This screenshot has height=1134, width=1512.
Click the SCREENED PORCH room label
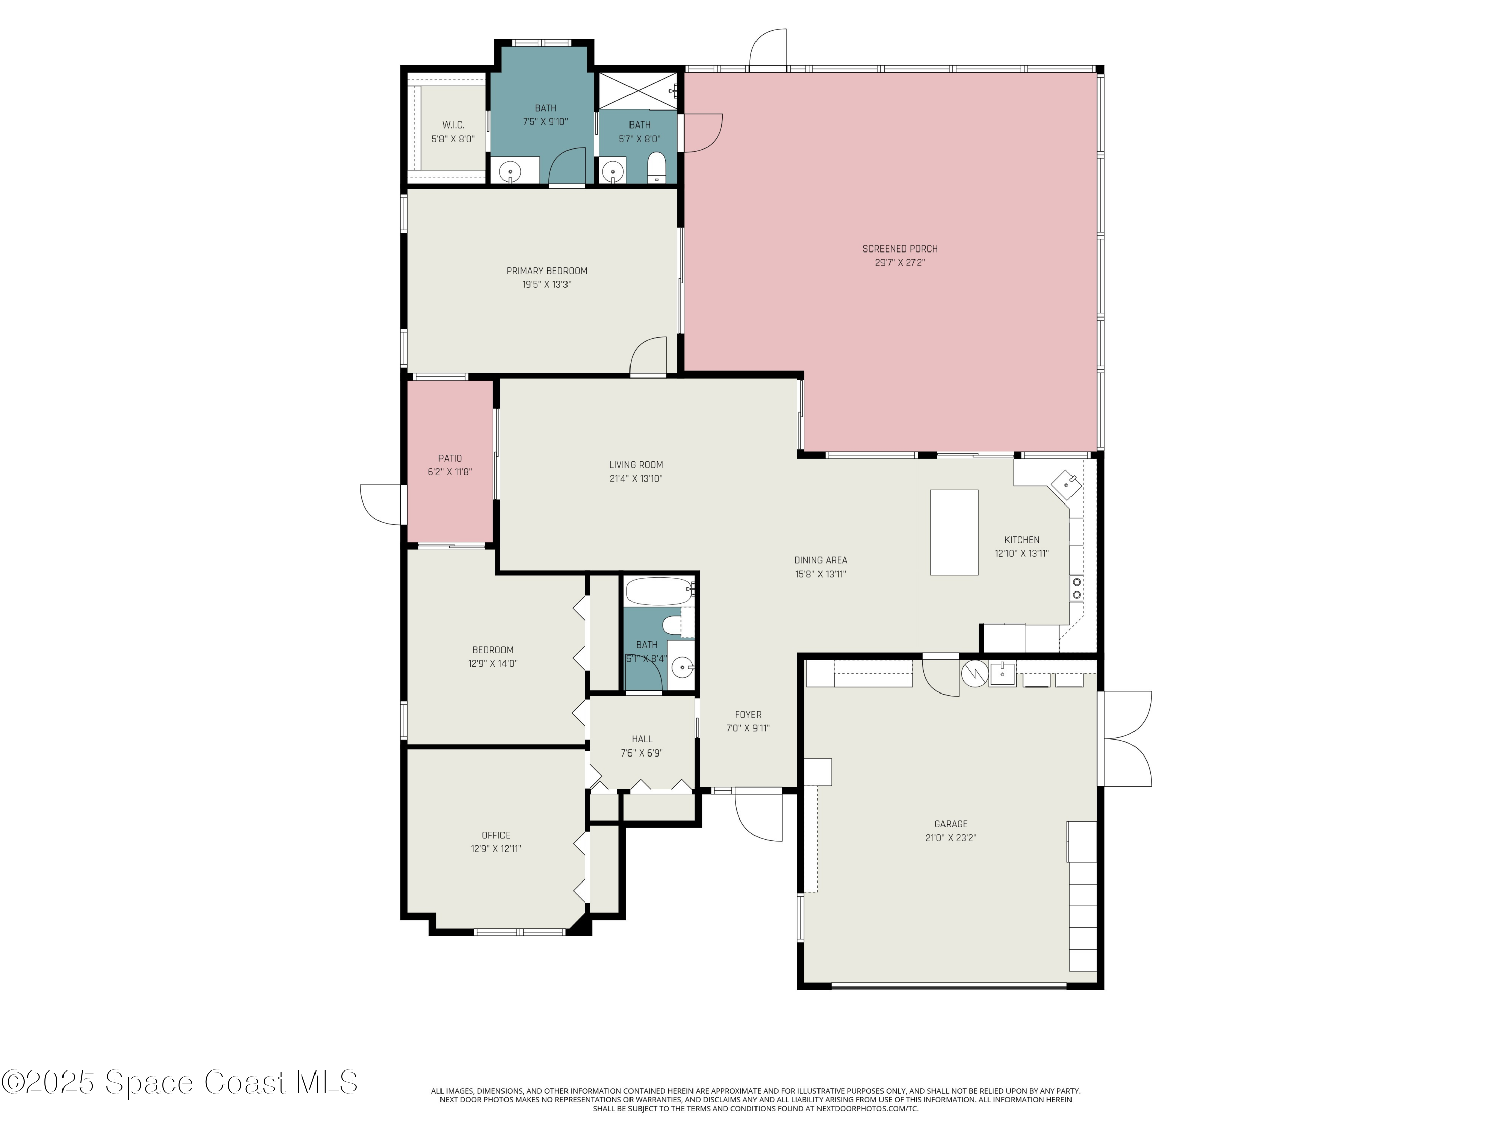tap(900, 249)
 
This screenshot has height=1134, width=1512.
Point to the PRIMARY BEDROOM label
tap(546, 271)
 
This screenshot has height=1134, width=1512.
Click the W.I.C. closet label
tap(453, 125)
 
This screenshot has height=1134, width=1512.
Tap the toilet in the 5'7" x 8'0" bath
tap(656, 167)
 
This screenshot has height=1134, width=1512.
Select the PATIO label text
tap(450, 458)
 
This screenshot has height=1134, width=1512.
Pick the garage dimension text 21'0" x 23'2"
tap(951, 837)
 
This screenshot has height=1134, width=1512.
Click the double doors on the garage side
tap(1126, 738)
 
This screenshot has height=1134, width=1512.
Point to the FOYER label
tap(748, 714)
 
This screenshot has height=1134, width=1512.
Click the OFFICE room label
tap(495, 835)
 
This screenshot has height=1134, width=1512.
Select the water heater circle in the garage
tap(973, 673)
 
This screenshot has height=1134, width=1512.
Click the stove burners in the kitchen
tap(1076, 588)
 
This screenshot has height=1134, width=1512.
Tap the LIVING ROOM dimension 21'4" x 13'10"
tap(636, 478)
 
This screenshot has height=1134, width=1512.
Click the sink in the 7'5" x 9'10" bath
tap(509, 171)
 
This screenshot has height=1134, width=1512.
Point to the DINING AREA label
tap(820, 560)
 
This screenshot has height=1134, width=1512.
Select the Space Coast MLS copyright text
tap(179, 1082)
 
